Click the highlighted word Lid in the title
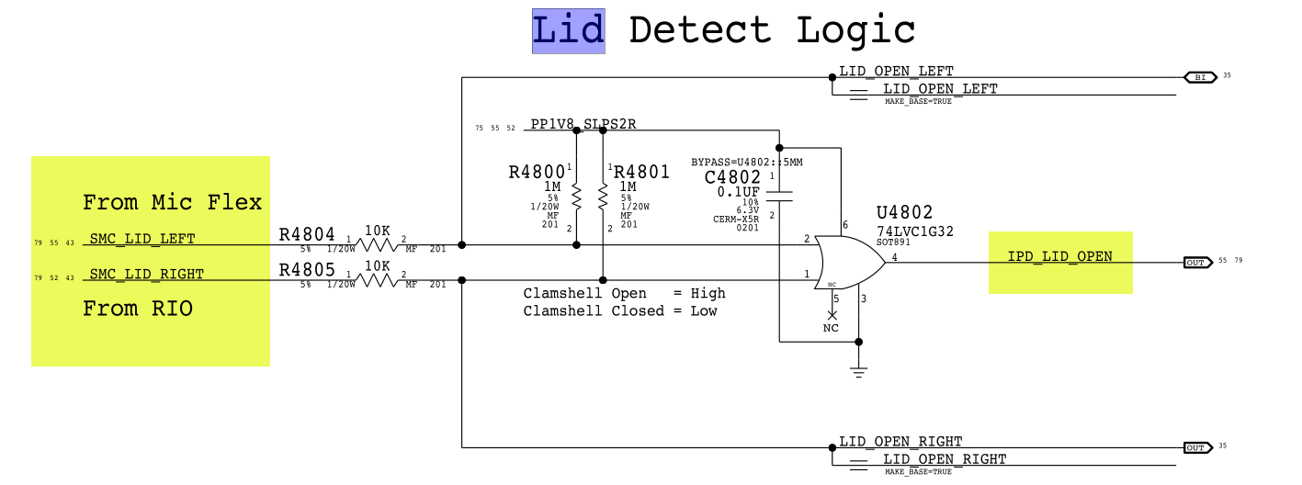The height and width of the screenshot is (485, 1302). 568,30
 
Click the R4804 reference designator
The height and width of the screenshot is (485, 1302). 307,234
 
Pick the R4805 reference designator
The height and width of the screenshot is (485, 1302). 307,271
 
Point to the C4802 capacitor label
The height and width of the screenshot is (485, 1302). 732,176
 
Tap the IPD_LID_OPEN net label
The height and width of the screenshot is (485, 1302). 1059,256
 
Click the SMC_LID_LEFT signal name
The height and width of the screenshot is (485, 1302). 142,239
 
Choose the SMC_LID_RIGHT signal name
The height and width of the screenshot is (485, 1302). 147,274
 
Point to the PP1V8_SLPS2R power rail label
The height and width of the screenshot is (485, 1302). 583,124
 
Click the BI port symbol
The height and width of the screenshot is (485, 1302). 1199,77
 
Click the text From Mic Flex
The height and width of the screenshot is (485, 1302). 172,202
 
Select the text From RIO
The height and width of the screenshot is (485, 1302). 138,309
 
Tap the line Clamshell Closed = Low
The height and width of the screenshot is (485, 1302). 620,311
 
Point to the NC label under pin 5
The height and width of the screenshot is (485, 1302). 831,328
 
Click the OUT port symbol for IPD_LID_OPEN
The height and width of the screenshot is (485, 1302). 1195,263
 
